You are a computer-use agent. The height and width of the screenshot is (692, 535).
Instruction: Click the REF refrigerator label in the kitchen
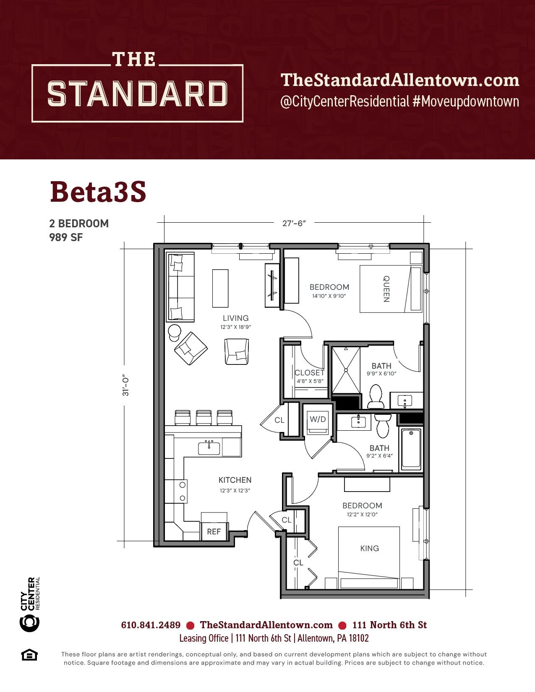click(x=214, y=531)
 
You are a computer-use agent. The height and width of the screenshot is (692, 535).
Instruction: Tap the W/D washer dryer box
click(x=318, y=422)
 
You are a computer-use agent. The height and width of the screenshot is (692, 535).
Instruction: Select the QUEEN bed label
click(x=386, y=289)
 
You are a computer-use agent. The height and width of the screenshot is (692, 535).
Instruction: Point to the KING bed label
click(x=369, y=548)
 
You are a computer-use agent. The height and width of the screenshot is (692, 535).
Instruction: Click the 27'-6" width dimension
click(x=294, y=223)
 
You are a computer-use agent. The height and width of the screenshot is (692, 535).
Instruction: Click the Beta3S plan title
click(x=98, y=192)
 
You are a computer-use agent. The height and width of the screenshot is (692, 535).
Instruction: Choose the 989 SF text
click(x=66, y=237)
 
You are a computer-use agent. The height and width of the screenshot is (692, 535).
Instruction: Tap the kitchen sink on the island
click(x=209, y=448)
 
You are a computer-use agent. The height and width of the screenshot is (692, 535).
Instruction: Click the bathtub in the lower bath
click(x=411, y=449)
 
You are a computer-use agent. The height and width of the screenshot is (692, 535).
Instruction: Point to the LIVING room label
click(x=235, y=318)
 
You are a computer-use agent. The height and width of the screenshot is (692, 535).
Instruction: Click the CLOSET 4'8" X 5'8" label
click(x=310, y=376)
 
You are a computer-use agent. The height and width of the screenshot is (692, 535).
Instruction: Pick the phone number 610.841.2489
click(x=151, y=625)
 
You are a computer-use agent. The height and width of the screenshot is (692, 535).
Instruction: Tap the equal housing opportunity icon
click(x=29, y=655)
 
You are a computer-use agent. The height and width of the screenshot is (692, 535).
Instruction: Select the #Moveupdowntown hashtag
click(x=465, y=101)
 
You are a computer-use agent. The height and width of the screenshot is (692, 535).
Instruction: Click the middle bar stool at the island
click(x=204, y=417)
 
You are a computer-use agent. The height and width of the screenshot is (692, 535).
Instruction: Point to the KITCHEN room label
click(x=235, y=480)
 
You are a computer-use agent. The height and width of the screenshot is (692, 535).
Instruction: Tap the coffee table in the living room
click(x=220, y=288)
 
